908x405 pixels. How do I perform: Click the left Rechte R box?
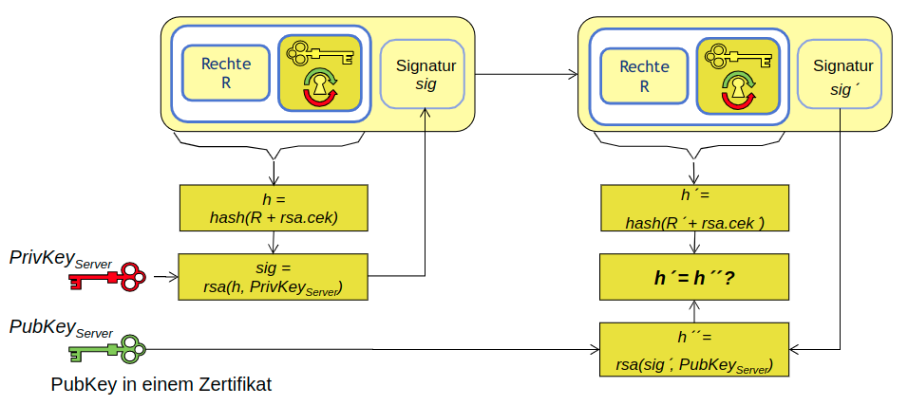(x=226, y=74)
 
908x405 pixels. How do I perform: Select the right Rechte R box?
(x=643, y=74)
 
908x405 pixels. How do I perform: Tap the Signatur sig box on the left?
(x=423, y=74)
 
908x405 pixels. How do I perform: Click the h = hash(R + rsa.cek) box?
(x=274, y=208)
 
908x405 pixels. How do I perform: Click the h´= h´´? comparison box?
(x=695, y=278)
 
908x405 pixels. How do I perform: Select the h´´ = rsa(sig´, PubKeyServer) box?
(x=695, y=348)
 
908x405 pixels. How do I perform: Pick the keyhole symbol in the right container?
(x=734, y=89)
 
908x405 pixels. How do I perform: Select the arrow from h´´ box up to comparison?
(x=695, y=310)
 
